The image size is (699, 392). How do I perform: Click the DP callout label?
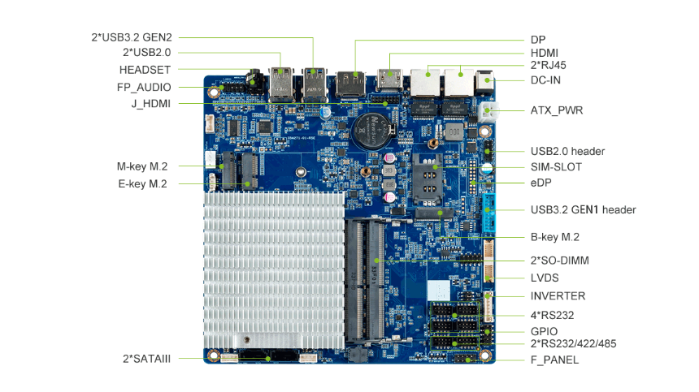click(537, 39)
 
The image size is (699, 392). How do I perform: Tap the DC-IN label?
click(545, 80)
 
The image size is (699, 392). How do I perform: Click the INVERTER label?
click(558, 295)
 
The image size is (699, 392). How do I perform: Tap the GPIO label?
click(544, 331)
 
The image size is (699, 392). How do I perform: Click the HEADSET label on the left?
click(145, 70)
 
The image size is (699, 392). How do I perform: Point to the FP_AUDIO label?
click(145, 87)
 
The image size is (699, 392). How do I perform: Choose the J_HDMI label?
click(150, 104)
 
